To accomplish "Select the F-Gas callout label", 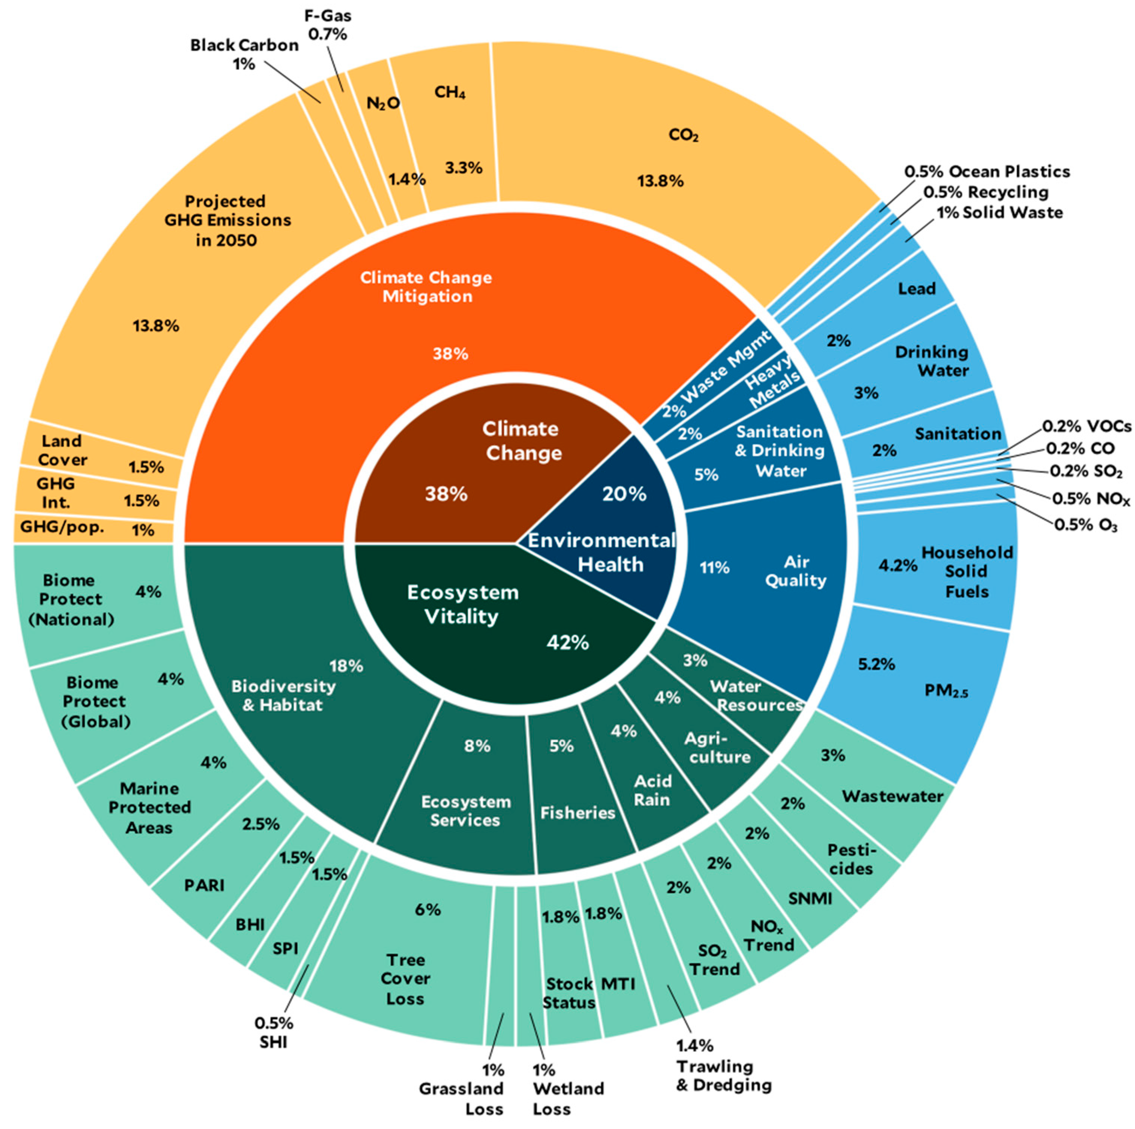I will (x=328, y=25).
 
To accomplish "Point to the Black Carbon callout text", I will (x=244, y=54).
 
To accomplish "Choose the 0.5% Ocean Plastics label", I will (x=987, y=171).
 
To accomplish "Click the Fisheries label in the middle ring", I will (x=578, y=813).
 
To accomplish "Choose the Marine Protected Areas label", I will (x=149, y=808).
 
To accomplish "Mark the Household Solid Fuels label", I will (x=966, y=571).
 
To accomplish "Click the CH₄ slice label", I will (x=450, y=92).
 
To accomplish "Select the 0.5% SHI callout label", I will (x=274, y=1032).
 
